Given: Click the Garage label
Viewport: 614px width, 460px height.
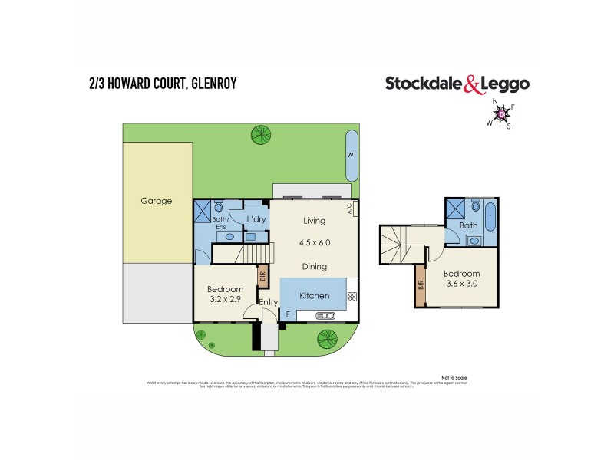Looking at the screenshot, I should (156, 202).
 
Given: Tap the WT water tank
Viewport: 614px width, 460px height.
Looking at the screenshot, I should (352, 154).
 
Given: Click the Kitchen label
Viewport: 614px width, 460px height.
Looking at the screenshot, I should (314, 295).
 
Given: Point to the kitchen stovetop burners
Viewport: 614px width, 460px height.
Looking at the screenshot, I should (352, 297).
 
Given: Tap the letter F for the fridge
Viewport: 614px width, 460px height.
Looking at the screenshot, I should (289, 314).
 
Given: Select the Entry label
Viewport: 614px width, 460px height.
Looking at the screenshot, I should (269, 302).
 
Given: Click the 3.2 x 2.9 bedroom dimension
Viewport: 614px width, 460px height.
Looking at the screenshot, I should (225, 300).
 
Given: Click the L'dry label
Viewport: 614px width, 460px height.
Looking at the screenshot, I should (256, 220).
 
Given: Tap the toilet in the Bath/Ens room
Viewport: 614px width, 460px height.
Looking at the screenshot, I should (220, 208).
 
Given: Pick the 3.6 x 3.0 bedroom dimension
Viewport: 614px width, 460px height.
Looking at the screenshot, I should (460, 285).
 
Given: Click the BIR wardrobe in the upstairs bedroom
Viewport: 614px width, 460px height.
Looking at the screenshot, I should (420, 284).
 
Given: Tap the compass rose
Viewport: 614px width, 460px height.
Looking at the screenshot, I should (502, 114).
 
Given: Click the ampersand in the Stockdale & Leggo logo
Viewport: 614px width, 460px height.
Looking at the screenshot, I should (473, 85).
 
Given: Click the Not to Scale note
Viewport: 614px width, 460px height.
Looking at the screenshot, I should (454, 377).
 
